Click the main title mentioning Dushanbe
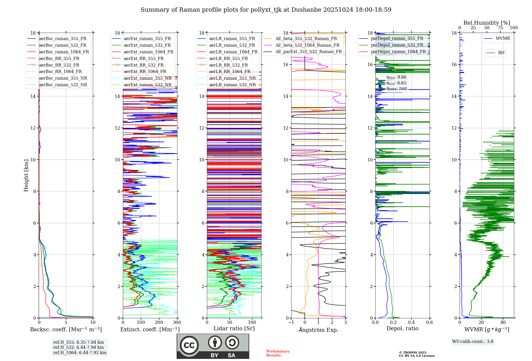click(266, 10)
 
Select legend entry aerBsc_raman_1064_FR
click(64, 52)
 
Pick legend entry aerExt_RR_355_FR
click(144, 59)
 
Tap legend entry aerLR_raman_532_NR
click(232, 85)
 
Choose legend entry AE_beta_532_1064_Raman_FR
click(307, 45)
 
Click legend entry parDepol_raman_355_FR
click(397, 38)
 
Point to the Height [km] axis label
click(26, 175)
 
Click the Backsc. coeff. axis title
click(66, 329)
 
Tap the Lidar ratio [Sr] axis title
click(234, 329)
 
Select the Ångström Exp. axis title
click(318, 330)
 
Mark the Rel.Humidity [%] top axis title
click(487, 23)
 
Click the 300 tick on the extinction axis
click(177, 323)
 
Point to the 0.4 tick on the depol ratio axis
click(411, 323)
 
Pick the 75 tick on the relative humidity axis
click(500, 28)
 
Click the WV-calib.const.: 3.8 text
click(473, 342)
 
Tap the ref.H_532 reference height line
click(78, 347)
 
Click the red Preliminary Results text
click(278, 353)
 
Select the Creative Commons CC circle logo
click(189, 345)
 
